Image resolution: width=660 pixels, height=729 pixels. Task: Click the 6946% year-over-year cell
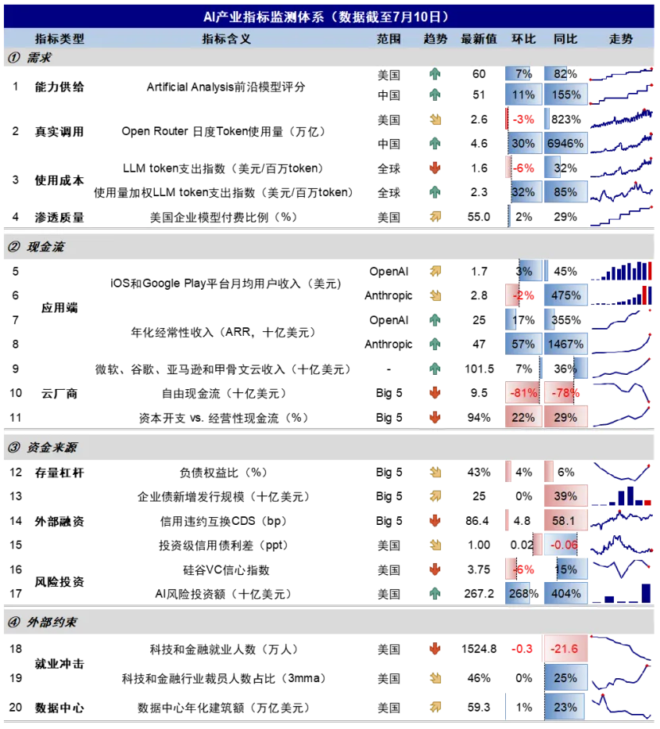565,144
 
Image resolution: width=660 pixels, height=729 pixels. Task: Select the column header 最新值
479,39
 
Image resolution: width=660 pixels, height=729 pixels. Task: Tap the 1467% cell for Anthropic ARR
565,345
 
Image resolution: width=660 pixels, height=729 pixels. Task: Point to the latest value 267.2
479,594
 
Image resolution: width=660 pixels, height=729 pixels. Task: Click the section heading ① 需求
29,58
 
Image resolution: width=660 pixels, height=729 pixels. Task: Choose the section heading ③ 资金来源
42,447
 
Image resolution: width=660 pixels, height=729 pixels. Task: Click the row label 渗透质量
59,218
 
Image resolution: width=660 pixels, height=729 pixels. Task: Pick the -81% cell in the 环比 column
523,393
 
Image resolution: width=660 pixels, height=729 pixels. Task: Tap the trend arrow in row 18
435,649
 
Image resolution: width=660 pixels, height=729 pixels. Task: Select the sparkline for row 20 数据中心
621,707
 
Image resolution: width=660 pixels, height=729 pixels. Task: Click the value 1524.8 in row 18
479,649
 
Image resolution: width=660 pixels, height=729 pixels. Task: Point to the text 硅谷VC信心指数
226,570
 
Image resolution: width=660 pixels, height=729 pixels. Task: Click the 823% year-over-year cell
565,119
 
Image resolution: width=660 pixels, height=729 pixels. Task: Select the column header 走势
621,39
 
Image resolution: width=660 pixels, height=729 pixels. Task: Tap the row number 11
15,418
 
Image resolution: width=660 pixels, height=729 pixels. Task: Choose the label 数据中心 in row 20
59,708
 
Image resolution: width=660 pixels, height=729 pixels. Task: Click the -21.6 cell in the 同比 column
565,649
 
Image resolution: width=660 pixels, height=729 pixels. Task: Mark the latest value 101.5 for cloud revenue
479,369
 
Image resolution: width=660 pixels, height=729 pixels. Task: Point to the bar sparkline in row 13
621,496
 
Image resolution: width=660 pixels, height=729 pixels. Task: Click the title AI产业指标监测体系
263,17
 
